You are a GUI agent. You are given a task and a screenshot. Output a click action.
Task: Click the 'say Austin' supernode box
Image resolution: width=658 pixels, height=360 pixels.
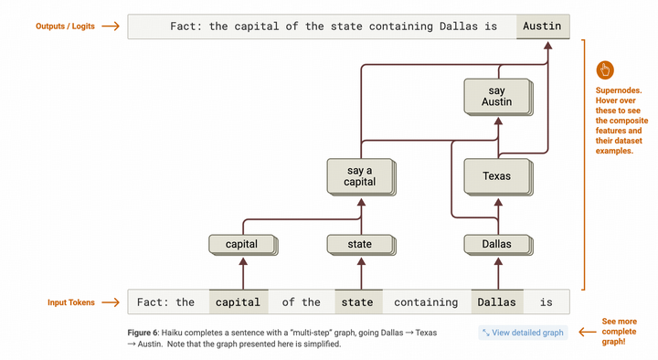coord(496,96)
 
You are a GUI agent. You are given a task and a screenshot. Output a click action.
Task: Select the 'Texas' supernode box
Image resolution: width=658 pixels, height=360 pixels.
coord(496,175)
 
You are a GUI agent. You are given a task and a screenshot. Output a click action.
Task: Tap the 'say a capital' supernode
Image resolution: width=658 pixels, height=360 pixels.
coord(360,175)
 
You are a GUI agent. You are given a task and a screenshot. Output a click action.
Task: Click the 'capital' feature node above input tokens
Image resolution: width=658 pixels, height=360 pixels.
coord(242,244)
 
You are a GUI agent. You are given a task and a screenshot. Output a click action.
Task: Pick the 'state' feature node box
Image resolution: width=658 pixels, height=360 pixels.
coord(360,244)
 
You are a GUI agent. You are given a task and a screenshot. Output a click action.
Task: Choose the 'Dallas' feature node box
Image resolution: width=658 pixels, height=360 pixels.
coord(496,244)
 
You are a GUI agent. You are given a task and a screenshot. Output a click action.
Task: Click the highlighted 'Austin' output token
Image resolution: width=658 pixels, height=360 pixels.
coord(543,26)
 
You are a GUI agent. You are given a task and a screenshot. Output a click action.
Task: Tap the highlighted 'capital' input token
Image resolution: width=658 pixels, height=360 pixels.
coord(239,302)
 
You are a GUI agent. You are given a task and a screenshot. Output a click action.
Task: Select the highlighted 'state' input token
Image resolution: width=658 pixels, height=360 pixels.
coord(357,302)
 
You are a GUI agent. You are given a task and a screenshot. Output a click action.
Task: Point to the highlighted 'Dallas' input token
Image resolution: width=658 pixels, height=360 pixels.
coord(496,302)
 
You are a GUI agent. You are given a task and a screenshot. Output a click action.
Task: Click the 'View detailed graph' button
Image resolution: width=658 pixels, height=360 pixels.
coord(523,332)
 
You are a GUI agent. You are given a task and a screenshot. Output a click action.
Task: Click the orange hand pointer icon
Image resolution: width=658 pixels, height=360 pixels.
coord(604,69)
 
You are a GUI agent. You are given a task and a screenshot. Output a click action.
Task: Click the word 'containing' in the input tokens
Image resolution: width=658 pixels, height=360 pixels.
coord(426,302)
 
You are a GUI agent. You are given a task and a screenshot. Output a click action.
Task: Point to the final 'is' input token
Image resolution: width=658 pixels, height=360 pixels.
coord(546,302)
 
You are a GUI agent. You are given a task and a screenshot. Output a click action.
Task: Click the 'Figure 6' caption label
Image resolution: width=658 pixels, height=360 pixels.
coord(147,332)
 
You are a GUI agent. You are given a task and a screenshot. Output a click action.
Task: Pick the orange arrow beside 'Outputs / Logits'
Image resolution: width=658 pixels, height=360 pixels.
coord(111,26)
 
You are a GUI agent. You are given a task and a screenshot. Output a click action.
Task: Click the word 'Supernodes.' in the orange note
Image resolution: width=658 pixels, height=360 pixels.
coord(620,90)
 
